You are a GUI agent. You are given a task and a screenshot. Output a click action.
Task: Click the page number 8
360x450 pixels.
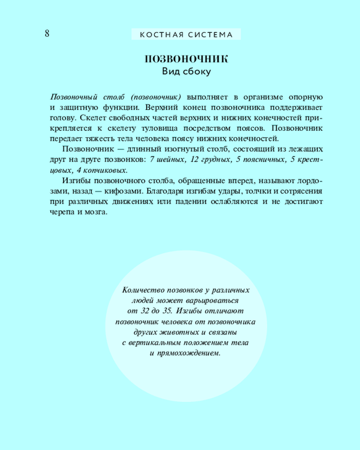coord(46,34)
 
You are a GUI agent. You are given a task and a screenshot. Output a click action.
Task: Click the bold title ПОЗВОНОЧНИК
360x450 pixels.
coord(186,60)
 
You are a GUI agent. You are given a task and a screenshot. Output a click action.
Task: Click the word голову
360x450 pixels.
coord(59,117)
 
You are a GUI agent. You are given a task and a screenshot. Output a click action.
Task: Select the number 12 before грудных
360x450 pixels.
coord(194,160)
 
